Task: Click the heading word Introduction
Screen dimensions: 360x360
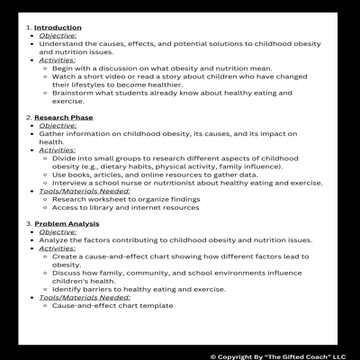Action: (58, 28)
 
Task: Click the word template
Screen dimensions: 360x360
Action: (153, 305)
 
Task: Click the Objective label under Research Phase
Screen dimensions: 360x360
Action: (58, 125)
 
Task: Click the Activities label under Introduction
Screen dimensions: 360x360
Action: (58, 59)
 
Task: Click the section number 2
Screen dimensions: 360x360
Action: (28, 117)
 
